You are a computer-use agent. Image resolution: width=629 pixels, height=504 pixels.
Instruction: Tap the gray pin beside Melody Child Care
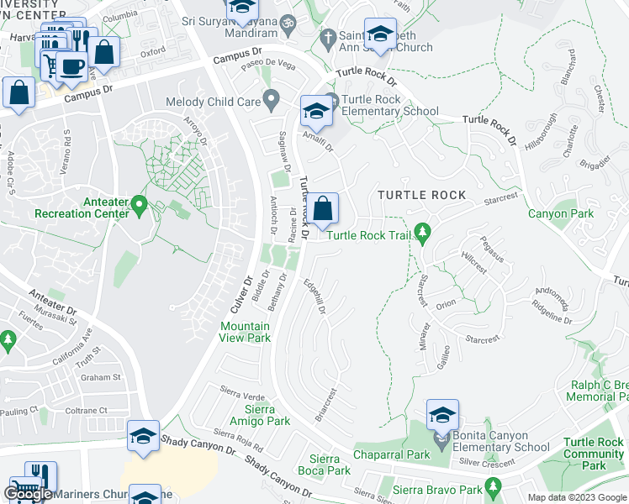(x=271, y=102)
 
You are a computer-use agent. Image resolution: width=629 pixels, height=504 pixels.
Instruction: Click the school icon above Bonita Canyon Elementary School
(x=442, y=415)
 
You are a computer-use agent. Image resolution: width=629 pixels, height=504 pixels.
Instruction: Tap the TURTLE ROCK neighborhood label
(x=421, y=195)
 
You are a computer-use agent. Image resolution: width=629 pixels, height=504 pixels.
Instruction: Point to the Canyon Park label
(x=560, y=213)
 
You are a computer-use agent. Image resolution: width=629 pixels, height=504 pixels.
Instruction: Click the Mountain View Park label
(x=245, y=332)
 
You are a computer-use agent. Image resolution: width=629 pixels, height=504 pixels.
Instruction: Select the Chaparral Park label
(x=391, y=454)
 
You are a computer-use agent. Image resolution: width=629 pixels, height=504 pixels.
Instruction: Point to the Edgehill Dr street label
(x=314, y=297)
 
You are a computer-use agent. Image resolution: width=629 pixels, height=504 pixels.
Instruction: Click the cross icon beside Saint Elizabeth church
(x=327, y=38)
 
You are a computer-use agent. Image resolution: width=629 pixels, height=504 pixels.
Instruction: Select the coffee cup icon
(x=71, y=65)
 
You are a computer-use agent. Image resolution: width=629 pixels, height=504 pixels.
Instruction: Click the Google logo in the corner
(x=28, y=494)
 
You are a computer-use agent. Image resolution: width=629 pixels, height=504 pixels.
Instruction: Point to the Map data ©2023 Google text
(x=577, y=497)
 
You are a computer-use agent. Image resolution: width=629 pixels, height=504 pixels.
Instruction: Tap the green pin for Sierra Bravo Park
(x=493, y=486)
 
